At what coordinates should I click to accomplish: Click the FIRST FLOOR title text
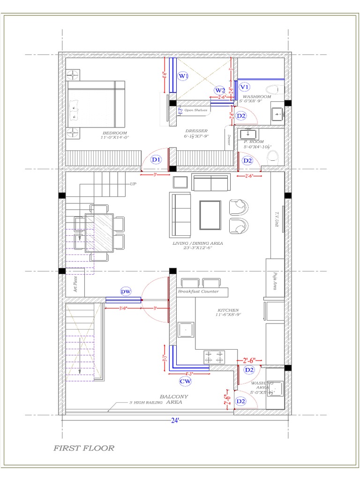tap(84, 448)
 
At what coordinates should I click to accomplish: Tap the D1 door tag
tap(156, 160)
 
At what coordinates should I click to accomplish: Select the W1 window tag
tap(183, 75)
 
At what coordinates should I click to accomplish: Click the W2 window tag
tap(220, 90)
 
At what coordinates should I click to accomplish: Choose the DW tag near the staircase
tap(125, 292)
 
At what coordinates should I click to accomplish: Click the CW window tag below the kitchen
tap(186, 382)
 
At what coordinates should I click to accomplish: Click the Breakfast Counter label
tap(198, 292)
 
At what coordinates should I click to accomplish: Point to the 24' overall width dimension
tap(174, 420)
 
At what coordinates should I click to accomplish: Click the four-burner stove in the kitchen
tap(214, 357)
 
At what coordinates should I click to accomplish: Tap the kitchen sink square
tap(186, 330)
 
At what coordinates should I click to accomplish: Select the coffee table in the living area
tap(210, 215)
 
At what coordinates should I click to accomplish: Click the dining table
tap(99, 232)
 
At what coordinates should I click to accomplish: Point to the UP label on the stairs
tap(133, 184)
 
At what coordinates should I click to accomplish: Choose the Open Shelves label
tap(195, 110)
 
